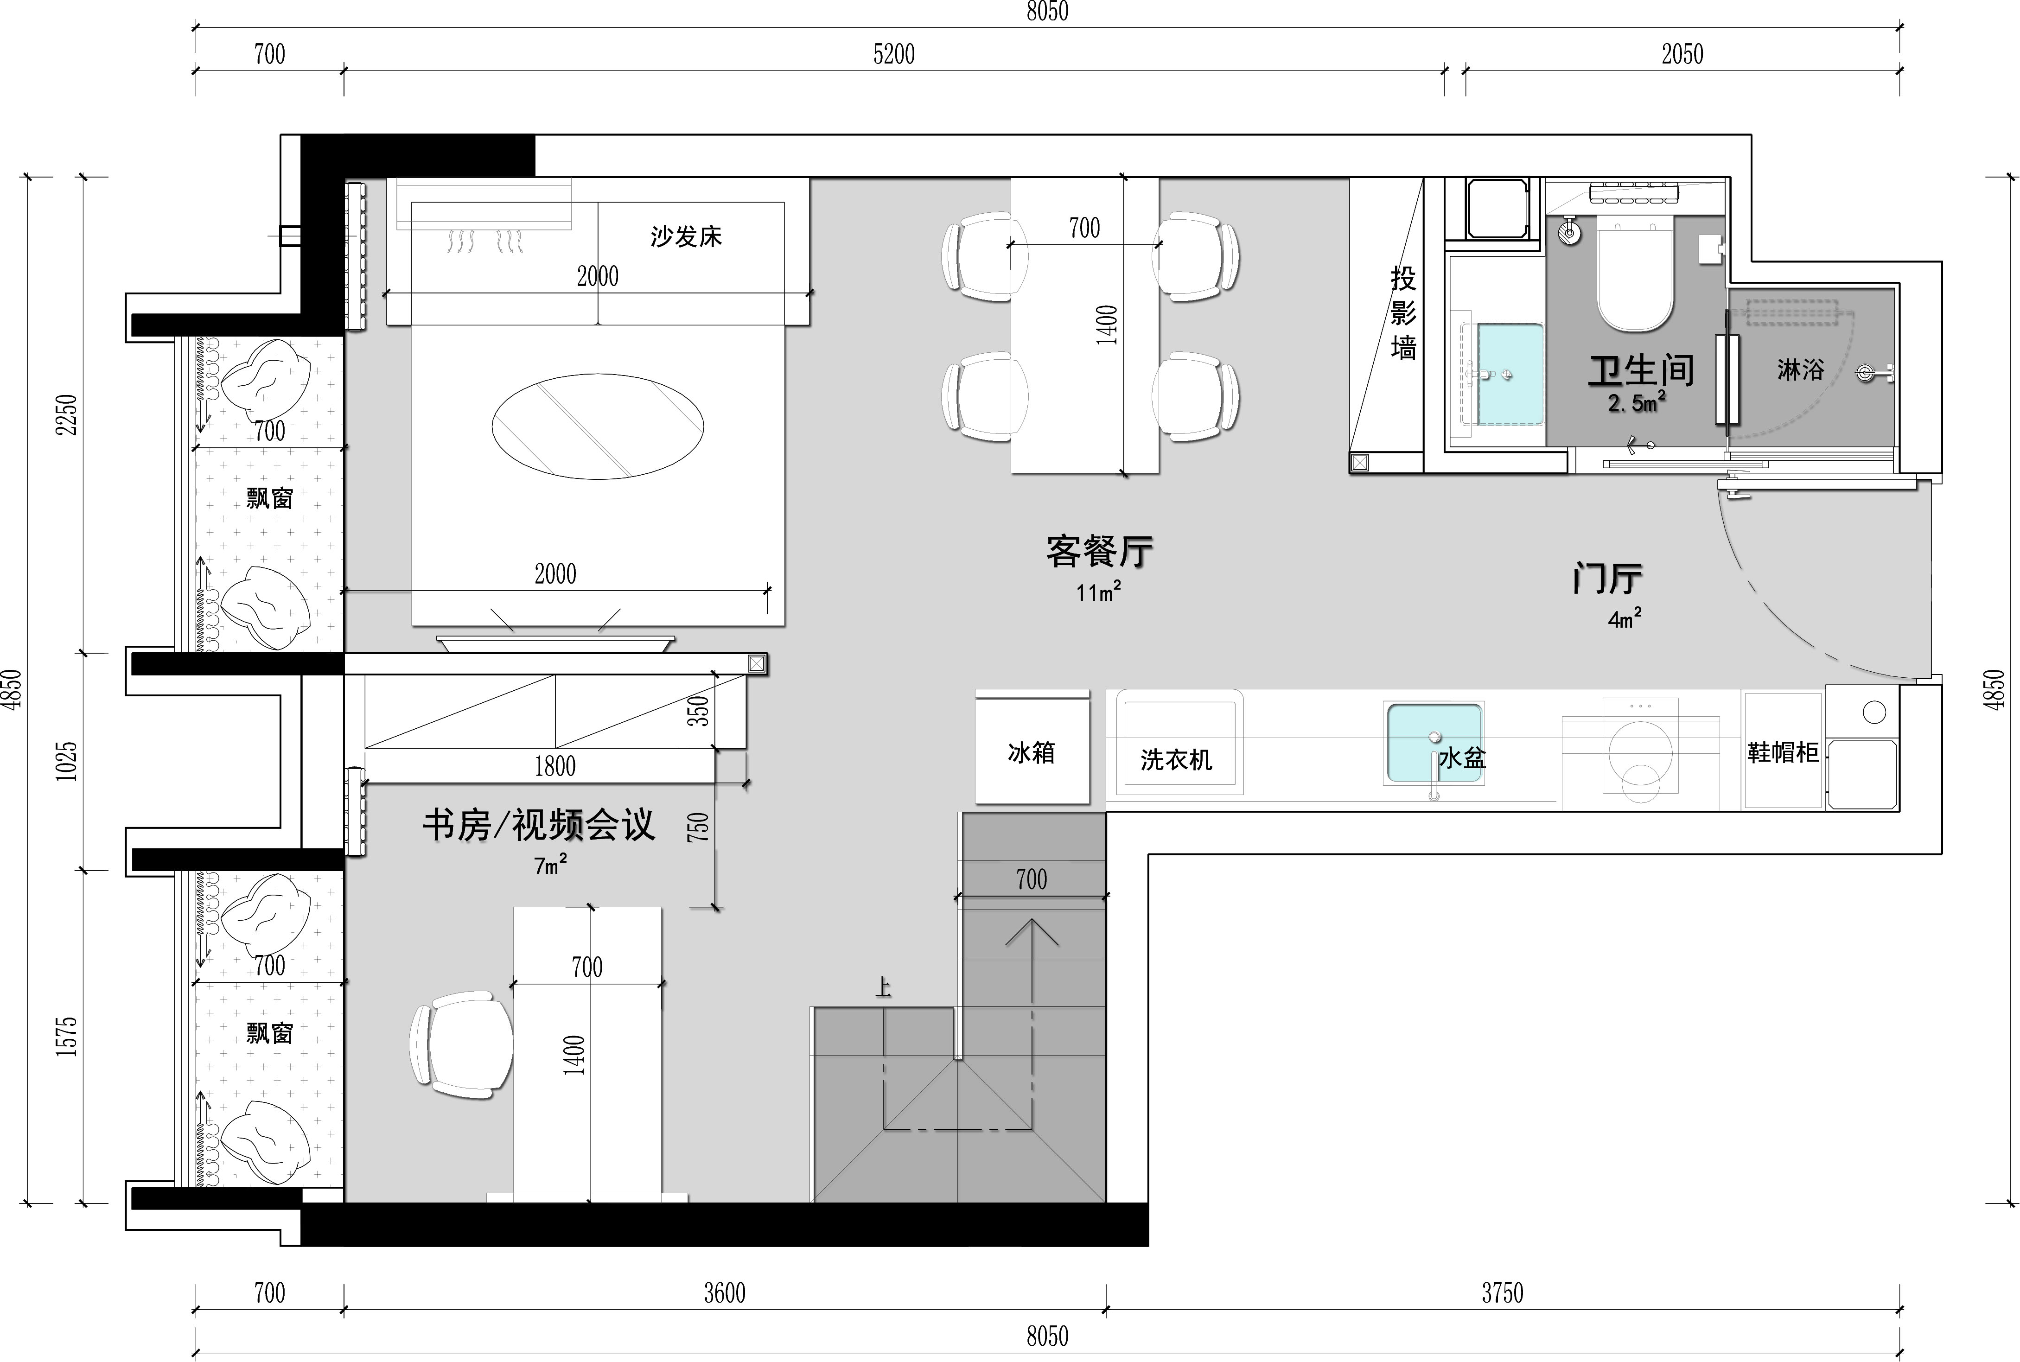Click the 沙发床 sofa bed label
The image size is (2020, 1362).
[686, 236]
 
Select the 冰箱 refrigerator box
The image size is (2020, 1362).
[1032, 747]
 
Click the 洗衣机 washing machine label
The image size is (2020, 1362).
[1176, 760]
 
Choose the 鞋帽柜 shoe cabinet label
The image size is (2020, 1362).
[1783, 752]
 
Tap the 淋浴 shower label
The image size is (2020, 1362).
[1800, 370]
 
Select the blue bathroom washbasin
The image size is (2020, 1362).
[1510, 375]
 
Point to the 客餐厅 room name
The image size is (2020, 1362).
[1099, 552]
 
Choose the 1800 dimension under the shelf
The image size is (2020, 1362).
[555, 766]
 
